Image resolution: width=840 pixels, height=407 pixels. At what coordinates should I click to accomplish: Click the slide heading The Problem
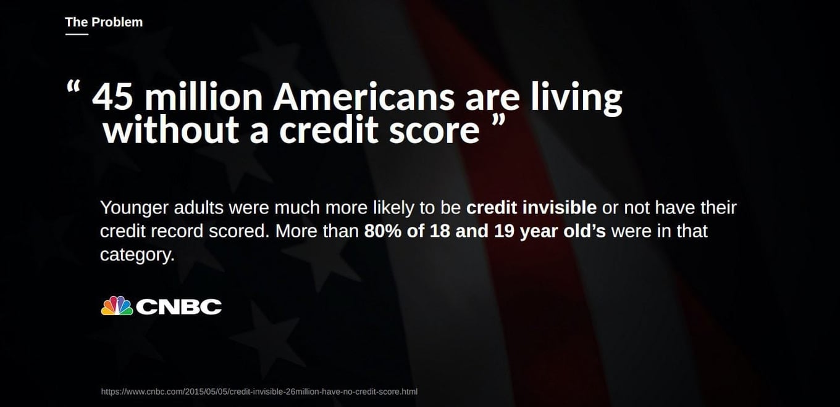pos(104,22)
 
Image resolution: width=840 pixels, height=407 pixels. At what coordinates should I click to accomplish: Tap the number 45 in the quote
pos(112,97)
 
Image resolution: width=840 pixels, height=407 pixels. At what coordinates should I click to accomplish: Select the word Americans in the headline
pos(364,97)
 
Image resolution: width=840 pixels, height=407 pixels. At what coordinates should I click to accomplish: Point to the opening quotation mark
pos(73,86)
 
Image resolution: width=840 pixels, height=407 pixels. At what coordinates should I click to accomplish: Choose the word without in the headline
pos(171,129)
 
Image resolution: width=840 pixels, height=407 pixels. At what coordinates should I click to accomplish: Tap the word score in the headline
pos(434,132)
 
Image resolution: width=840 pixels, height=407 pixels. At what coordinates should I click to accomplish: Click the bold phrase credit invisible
pos(531,207)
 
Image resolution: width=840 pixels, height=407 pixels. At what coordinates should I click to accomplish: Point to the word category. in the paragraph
pos(137,255)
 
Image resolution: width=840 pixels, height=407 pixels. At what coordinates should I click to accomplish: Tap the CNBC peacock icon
pos(117,305)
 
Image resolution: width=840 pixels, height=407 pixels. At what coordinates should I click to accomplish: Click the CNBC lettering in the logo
pos(179,306)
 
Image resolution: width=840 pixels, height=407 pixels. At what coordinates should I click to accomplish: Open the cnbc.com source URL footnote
pos(259,392)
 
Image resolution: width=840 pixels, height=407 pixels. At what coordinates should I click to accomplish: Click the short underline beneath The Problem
pos(77,35)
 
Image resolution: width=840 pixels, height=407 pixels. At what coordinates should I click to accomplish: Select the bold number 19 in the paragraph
pos(504,231)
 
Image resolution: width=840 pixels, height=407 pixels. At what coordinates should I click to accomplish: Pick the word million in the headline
pos(204,97)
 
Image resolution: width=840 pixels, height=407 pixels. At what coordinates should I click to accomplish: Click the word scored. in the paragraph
pos(239,231)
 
